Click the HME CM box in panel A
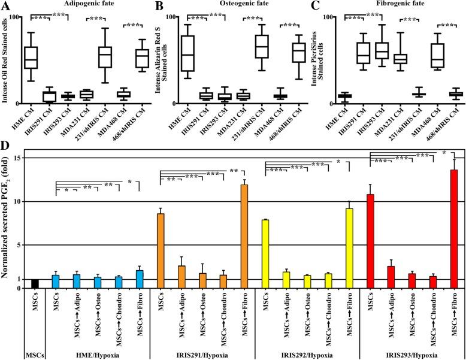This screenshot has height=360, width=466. point(31,58)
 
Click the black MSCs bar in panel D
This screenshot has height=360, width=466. point(35,283)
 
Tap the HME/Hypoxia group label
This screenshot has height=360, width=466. point(98,353)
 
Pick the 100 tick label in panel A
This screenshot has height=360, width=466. point(10,17)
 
